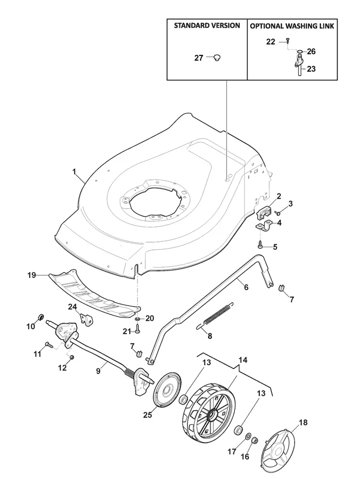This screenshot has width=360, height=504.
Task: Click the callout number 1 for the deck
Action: pos(74,172)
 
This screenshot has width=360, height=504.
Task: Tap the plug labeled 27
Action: pos(217,58)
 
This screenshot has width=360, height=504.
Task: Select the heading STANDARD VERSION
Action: pos(207,25)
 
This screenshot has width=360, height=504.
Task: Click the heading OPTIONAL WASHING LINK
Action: pos(292,26)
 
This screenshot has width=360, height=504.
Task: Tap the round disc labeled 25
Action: pos(167,391)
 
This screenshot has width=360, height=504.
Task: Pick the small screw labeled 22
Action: pos(288,41)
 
